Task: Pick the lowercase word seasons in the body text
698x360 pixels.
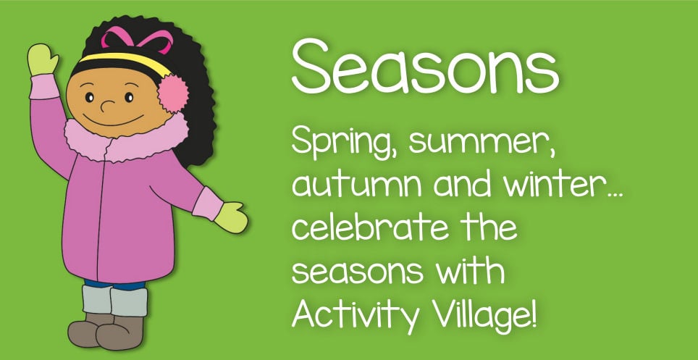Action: tap(358, 272)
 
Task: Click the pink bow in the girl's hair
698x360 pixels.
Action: tap(137, 39)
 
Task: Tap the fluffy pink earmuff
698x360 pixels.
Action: tap(173, 93)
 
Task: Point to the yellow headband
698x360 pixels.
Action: tap(125, 62)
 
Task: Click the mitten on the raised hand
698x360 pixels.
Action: tap(43, 59)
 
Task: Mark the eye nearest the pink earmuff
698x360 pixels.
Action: tap(129, 97)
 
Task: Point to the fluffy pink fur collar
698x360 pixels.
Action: tap(127, 138)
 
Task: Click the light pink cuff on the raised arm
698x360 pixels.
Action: tap(44, 86)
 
